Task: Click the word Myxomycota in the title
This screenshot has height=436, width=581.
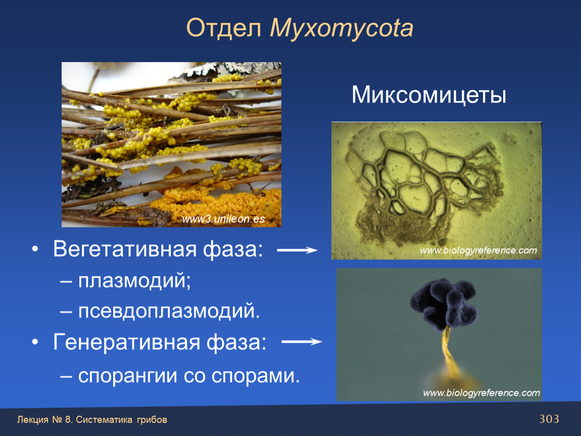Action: point(341,29)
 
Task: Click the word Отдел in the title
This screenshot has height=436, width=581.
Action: point(224,28)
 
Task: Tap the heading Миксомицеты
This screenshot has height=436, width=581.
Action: point(429,95)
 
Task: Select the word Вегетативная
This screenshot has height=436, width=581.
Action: point(124,249)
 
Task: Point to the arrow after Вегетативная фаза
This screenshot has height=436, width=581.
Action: point(297,251)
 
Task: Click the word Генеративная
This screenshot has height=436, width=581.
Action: point(126,342)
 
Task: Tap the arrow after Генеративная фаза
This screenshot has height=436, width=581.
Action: point(302,342)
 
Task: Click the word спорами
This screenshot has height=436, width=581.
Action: point(255,376)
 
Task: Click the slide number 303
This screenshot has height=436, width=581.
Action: point(549,419)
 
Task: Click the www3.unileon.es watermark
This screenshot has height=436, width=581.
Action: point(223,219)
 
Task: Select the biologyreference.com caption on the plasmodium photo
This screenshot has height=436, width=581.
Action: point(478,251)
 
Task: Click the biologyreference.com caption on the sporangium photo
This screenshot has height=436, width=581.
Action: point(481,393)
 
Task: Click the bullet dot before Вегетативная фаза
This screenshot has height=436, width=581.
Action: point(35,249)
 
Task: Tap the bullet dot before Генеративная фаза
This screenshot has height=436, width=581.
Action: point(35,342)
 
